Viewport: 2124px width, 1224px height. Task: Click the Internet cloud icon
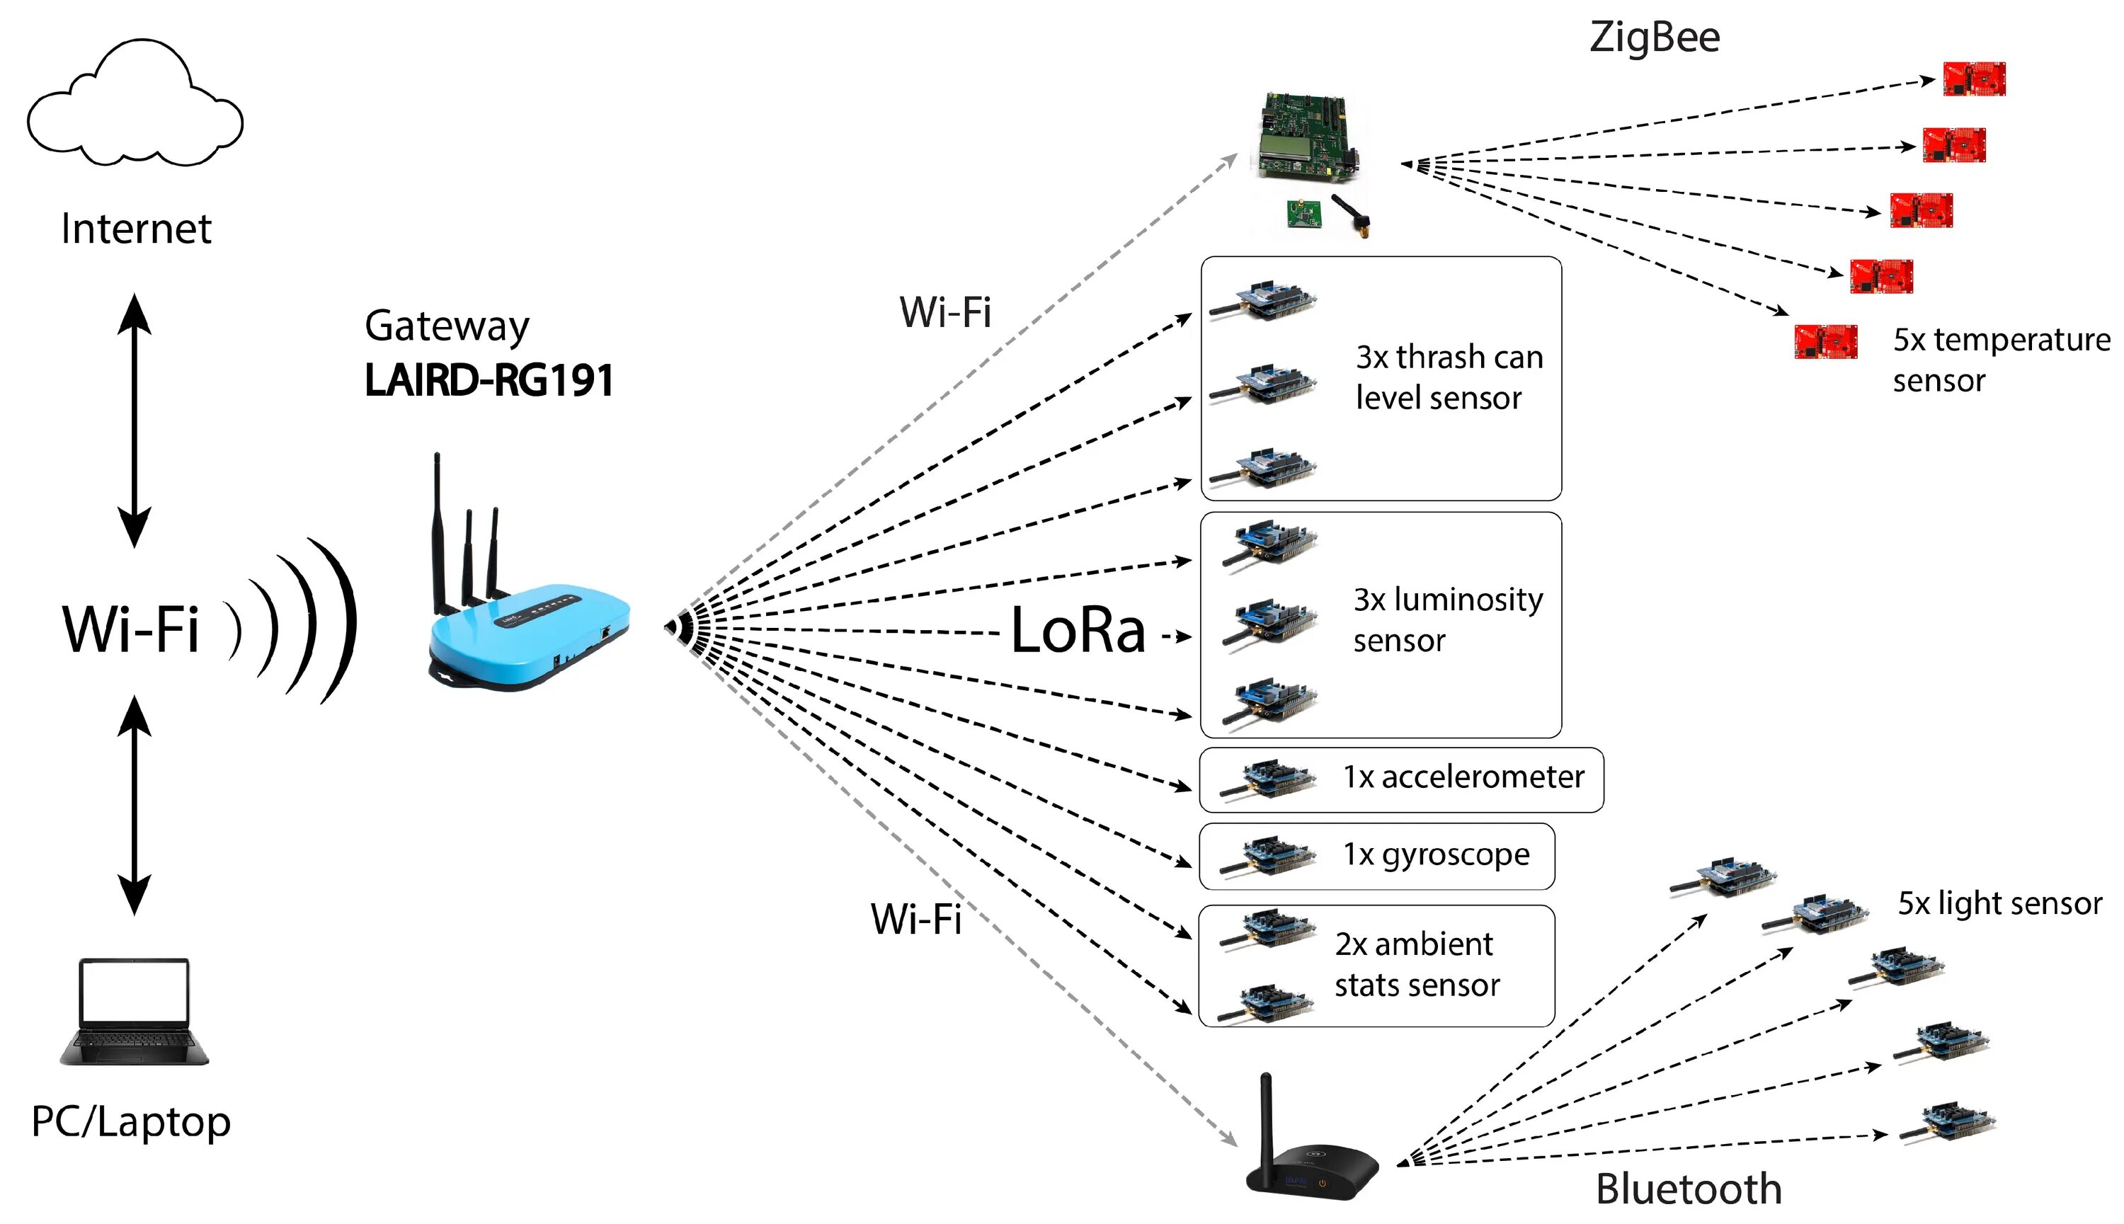pyautogui.click(x=135, y=105)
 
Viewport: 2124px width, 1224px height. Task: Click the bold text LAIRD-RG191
pyautogui.click(x=489, y=380)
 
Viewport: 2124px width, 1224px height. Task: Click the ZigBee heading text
pyautogui.click(x=1654, y=38)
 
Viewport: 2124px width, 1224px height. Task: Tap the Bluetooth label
pyautogui.click(x=1688, y=1189)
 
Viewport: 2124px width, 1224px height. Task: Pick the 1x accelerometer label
pyautogui.click(x=1463, y=777)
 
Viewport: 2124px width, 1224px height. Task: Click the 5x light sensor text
pyautogui.click(x=1999, y=904)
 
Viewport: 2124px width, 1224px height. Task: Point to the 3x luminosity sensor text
pyautogui.click(x=1447, y=619)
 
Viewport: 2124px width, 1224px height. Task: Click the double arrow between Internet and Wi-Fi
pyautogui.click(x=135, y=421)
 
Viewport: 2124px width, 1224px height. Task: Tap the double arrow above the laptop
pyautogui.click(x=135, y=806)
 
